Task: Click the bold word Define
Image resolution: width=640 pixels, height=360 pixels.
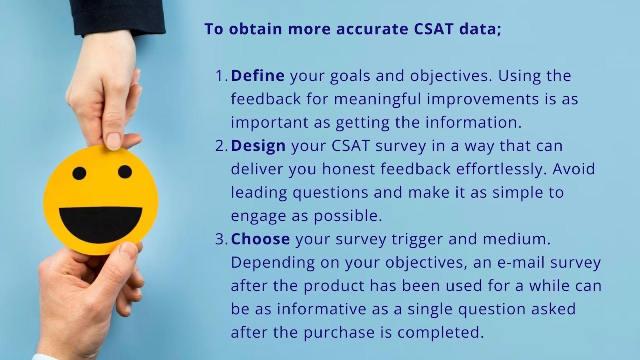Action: pos(258,76)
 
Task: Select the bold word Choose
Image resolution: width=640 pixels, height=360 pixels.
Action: pos(260,239)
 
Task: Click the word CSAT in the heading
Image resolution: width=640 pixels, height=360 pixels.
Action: pos(434,29)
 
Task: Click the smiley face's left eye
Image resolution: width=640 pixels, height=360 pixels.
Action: pos(79,174)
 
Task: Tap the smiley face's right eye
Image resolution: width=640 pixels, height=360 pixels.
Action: pos(125,172)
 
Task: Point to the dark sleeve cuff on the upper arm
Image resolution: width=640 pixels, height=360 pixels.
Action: pos(117,17)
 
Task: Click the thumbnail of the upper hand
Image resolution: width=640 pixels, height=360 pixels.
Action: pos(114,140)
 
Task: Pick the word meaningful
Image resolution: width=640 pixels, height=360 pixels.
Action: pos(378,100)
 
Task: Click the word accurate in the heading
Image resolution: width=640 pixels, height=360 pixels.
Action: pos(372,30)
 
